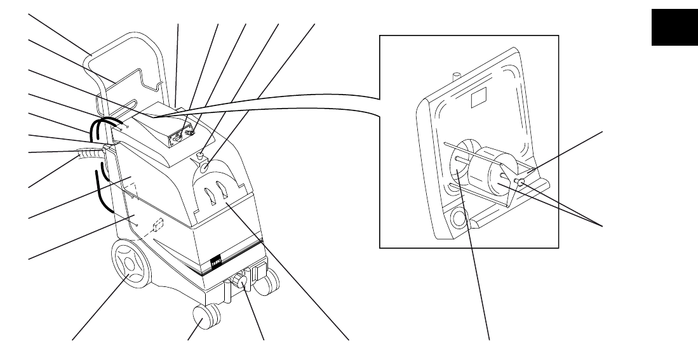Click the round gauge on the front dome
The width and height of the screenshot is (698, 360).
[201, 168]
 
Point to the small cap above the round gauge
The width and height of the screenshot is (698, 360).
[200, 154]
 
